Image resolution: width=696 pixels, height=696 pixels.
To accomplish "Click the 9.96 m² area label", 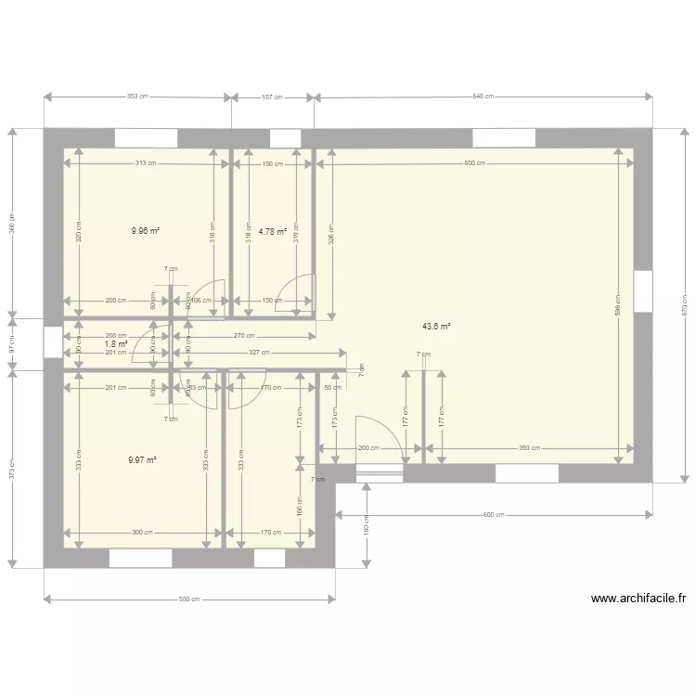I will pyautogui.click(x=146, y=231).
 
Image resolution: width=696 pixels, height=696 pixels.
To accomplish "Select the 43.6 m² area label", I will pyautogui.click(x=436, y=326).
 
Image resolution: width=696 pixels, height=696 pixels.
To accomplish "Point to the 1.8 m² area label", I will pyautogui.click(x=116, y=343).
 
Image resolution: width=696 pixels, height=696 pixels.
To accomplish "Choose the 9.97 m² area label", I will pyautogui.click(x=143, y=458).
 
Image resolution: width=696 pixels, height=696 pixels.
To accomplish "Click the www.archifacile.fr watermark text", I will pyautogui.click(x=638, y=599).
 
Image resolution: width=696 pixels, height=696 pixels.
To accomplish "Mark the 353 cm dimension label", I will pyautogui.click(x=136, y=97).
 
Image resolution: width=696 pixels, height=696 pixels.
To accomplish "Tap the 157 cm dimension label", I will pyautogui.click(x=272, y=97).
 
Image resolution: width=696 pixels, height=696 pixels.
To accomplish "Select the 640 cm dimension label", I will pyautogui.click(x=483, y=97).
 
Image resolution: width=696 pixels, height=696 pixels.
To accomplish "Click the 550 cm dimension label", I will pyautogui.click(x=189, y=599).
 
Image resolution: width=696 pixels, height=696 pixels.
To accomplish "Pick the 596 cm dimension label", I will pyautogui.click(x=619, y=312).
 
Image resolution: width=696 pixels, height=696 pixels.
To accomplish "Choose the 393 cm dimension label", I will pyautogui.click(x=529, y=448).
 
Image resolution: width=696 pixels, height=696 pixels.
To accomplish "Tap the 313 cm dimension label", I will pyautogui.click(x=145, y=164).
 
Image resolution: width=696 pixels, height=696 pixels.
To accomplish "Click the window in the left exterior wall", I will pyautogui.click(x=53, y=341).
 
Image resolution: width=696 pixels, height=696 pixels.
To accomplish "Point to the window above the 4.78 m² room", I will pyautogui.click(x=285, y=138).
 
